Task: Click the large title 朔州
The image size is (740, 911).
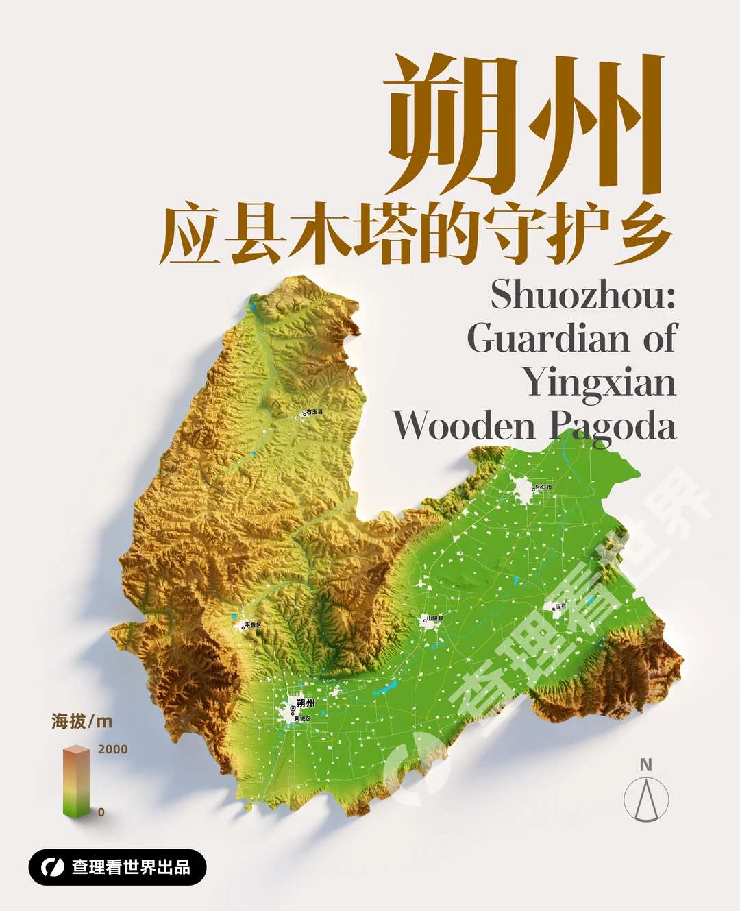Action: (524, 123)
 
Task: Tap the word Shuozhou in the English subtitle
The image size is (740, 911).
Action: (582, 295)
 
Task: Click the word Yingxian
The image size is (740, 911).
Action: (599, 382)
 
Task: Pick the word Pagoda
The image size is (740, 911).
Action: (613, 426)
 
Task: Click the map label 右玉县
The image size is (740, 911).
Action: (314, 412)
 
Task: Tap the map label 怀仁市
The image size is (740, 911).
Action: (543, 487)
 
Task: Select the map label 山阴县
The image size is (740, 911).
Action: (435, 618)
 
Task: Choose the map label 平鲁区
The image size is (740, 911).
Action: (253, 625)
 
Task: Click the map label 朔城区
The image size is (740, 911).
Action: (302, 718)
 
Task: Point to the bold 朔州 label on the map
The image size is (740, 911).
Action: (306, 703)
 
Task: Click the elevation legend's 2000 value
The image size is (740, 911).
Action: (112, 749)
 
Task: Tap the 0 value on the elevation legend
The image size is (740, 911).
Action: (101, 812)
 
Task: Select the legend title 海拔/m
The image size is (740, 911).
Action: (82, 721)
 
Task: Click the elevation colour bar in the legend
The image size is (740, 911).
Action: (76, 781)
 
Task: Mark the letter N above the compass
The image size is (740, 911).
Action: (645, 765)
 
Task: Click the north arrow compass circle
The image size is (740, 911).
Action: (646, 800)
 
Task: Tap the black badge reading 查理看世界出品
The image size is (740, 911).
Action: (117, 867)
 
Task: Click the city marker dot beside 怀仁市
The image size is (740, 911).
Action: (534, 489)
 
